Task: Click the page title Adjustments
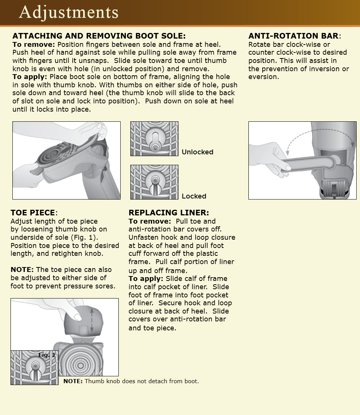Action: click(x=69, y=12)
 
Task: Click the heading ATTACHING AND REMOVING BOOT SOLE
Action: click(x=99, y=36)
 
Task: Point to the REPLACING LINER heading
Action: click(x=169, y=213)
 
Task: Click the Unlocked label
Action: click(x=197, y=152)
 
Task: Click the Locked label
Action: click(x=194, y=196)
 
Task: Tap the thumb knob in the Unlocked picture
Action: click(x=154, y=142)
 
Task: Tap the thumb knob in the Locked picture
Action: click(x=154, y=181)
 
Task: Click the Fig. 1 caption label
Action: click(x=46, y=355)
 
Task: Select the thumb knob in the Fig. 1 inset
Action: click(x=34, y=366)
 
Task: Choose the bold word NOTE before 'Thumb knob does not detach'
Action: click(x=73, y=381)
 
